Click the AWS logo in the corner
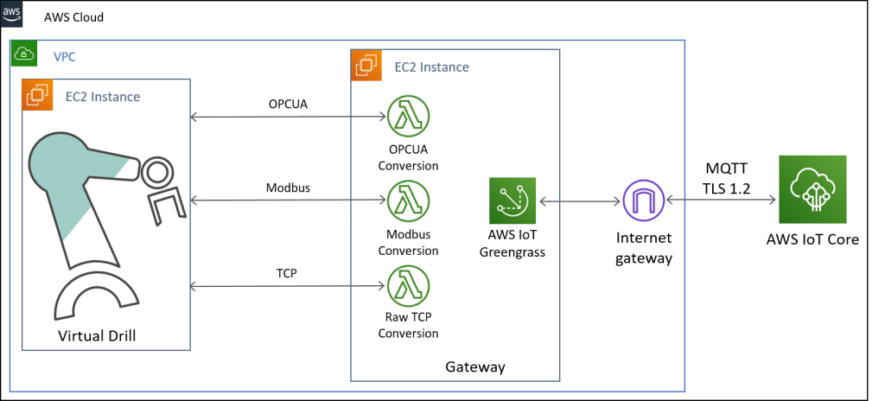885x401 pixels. (12, 14)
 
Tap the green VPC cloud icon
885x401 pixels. (23, 54)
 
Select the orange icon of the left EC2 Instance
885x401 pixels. (37, 95)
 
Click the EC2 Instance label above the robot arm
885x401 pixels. (103, 97)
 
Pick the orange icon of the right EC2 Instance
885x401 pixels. (366, 65)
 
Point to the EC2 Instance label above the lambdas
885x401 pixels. (431, 67)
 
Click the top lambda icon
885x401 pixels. (408, 117)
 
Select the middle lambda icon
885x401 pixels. (408, 200)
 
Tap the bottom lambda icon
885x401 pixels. (408, 285)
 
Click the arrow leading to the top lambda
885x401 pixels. (288, 117)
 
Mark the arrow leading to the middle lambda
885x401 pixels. (288, 200)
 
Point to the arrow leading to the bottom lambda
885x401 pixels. (288, 285)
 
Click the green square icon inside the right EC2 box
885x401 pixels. (513, 200)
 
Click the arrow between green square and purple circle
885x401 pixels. (578, 200)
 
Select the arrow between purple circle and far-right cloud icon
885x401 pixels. (721, 200)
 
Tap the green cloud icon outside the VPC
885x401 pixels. (812, 189)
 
